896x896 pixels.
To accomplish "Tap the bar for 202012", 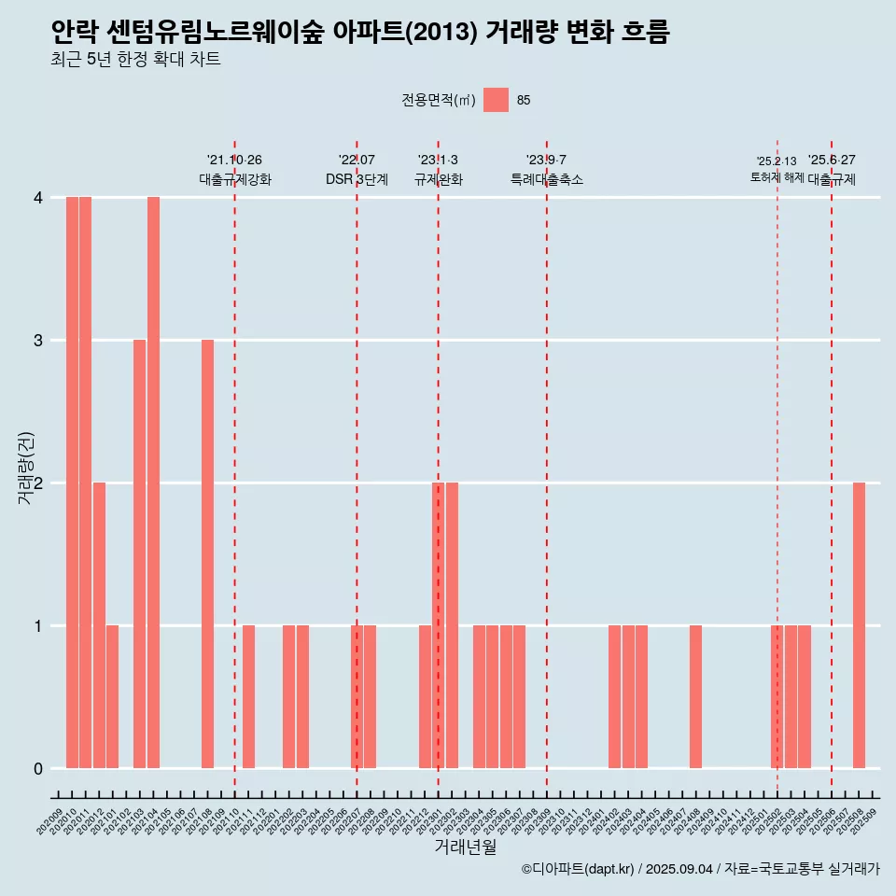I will tap(99, 625).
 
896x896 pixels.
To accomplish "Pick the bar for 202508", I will tap(859, 625).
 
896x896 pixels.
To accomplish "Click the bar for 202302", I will tap(452, 625).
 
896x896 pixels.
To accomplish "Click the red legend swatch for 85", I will tap(497, 100).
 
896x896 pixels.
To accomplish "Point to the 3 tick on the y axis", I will tap(38, 341).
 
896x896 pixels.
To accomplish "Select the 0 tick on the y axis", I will tap(38, 769).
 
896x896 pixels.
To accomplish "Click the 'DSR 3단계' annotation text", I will tap(357, 179).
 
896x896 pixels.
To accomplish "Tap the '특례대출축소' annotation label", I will tap(547, 179).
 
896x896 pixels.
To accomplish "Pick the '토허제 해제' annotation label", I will tap(777, 177).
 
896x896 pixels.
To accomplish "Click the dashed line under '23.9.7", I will tap(547, 467).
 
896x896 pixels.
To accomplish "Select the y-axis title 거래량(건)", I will tap(26, 468).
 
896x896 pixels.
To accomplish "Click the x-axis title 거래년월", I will tap(465, 847).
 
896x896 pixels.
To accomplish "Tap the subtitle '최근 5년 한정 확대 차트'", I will tap(136, 61).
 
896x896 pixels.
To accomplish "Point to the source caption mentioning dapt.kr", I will tap(700, 869).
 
